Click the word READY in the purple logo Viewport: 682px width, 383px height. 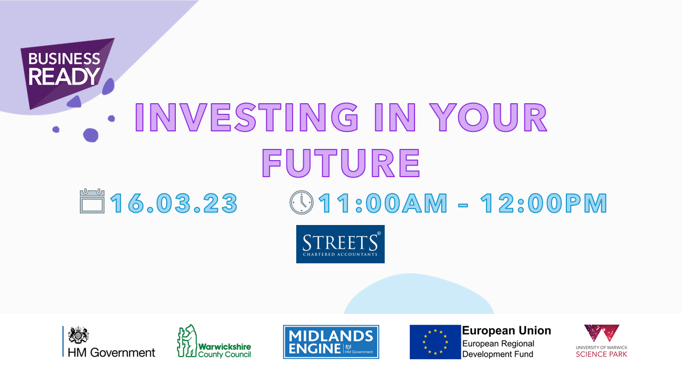click(x=64, y=76)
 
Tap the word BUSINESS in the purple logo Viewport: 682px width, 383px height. click(x=64, y=59)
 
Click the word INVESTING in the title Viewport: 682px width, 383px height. click(x=246, y=118)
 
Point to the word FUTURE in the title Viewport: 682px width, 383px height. click(x=341, y=163)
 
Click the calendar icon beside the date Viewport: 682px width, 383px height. click(x=92, y=201)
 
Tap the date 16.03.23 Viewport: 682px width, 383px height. click(x=174, y=203)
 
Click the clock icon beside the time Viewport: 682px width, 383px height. click(x=301, y=203)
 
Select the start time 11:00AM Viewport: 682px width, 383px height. click(x=383, y=203)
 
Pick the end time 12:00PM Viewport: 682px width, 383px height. click(x=543, y=203)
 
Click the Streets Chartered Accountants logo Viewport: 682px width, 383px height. click(x=340, y=244)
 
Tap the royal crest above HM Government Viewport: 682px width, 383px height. click(x=78, y=335)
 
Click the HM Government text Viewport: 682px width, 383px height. click(x=111, y=353)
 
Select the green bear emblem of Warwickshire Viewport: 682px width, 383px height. click(x=187, y=341)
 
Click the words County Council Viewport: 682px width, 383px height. click(x=225, y=354)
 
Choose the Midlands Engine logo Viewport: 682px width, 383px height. click(x=331, y=342)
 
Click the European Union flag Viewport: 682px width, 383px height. click(x=435, y=342)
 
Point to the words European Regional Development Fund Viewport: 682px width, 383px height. click(x=498, y=349)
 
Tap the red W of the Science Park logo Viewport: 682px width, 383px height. click(x=602, y=333)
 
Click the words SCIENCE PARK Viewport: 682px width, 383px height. click(x=602, y=354)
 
